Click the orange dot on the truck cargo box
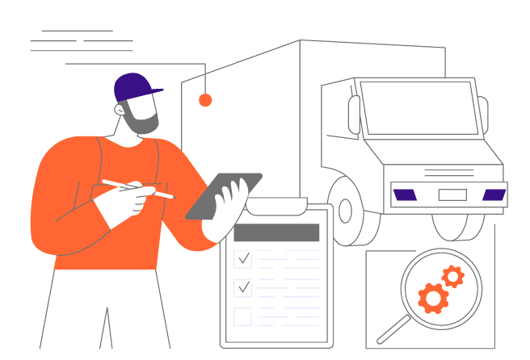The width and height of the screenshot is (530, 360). (x=205, y=100)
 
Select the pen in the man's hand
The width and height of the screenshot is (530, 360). (x=137, y=189)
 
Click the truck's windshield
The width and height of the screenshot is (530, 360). (x=419, y=107)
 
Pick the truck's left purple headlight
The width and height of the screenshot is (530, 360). (x=405, y=195)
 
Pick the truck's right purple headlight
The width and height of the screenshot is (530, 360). (x=494, y=195)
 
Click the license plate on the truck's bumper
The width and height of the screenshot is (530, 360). (x=452, y=195)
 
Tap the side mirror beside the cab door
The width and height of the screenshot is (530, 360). (x=354, y=115)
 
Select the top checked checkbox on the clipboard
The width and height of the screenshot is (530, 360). (x=242, y=258)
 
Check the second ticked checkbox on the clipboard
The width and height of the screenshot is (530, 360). (x=242, y=287)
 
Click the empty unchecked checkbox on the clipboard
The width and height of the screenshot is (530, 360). (x=242, y=316)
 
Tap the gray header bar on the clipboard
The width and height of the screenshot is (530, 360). (x=276, y=232)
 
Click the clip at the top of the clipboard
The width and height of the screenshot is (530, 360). (x=276, y=208)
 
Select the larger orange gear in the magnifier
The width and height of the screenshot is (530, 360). (x=433, y=299)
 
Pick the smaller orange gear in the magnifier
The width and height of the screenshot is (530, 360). (x=452, y=277)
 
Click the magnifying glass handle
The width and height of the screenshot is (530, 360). (x=393, y=329)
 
